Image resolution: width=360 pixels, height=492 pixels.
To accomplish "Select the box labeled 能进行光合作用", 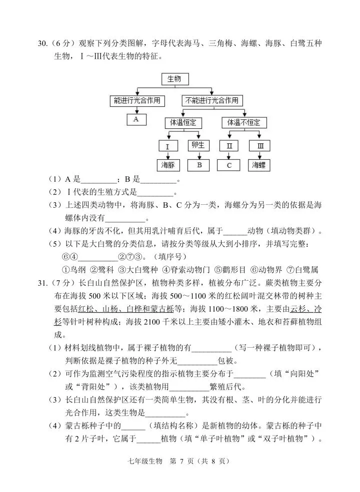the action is click(x=137, y=100).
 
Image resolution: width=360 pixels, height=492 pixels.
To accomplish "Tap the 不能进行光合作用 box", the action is click(x=211, y=100).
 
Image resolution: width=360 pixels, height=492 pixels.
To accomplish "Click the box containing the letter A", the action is click(x=136, y=119).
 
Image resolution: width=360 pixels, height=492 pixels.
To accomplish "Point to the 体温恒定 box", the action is click(x=183, y=122).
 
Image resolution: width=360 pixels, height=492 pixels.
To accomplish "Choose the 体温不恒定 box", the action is click(x=243, y=122).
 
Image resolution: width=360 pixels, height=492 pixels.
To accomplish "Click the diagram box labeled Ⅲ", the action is click(x=260, y=146).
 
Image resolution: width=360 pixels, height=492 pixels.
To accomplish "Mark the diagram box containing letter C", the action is click(x=229, y=165).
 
